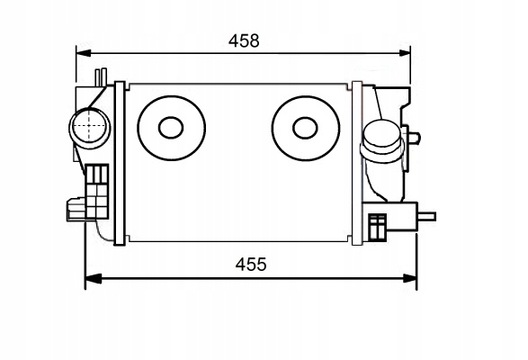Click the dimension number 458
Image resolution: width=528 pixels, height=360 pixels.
[x=244, y=40]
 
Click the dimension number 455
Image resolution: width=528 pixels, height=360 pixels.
[x=251, y=265]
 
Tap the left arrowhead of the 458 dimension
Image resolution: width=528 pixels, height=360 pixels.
[x=84, y=53]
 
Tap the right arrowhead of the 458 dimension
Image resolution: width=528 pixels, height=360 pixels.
[x=404, y=53]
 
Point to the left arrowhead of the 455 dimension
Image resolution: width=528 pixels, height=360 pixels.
[x=93, y=278]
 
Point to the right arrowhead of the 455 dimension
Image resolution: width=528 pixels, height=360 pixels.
[x=410, y=278]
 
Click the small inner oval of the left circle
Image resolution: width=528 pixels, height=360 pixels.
[x=171, y=128]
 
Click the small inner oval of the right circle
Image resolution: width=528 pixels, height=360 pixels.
[x=305, y=128]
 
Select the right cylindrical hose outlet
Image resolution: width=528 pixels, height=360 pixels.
[x=382, y=141]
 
